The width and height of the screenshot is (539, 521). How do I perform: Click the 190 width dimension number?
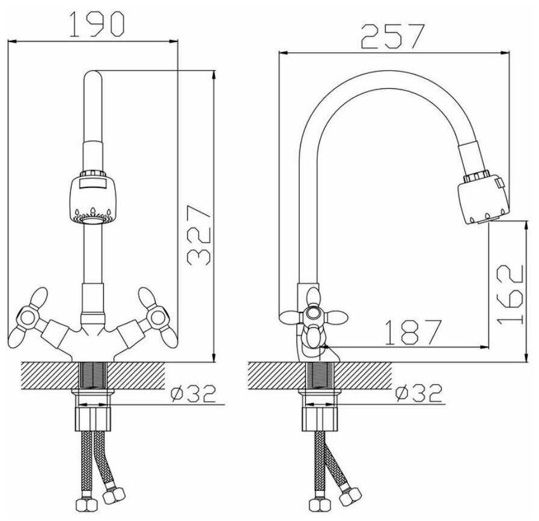pyautogui.click(x=96, y=24)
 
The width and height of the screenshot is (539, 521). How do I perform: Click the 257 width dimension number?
pyautogui.click(x=393, y=36)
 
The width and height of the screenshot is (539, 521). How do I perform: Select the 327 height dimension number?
pyautogui.click(x=199, y=235)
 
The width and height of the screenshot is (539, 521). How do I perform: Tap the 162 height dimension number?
pyautogui.click(x=511, y=294)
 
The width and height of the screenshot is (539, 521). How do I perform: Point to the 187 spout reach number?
pyautogui.click(x=412, y=332)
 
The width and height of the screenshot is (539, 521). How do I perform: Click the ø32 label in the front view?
pyautogui.click(x=193, y=394)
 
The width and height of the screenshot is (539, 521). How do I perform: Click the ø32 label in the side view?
pyautogui.click(x=418, y=394)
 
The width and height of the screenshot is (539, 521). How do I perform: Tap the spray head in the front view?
pyautogui.click(x=93, y=198)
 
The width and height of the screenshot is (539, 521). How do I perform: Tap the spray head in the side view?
pyautogui.click(x=483, y=199)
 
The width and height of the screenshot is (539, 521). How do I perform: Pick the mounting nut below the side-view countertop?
pyautogui.click(x=320, y=418)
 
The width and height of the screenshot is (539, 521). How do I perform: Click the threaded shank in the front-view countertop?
pyautogui.click(x=93, y=376)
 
